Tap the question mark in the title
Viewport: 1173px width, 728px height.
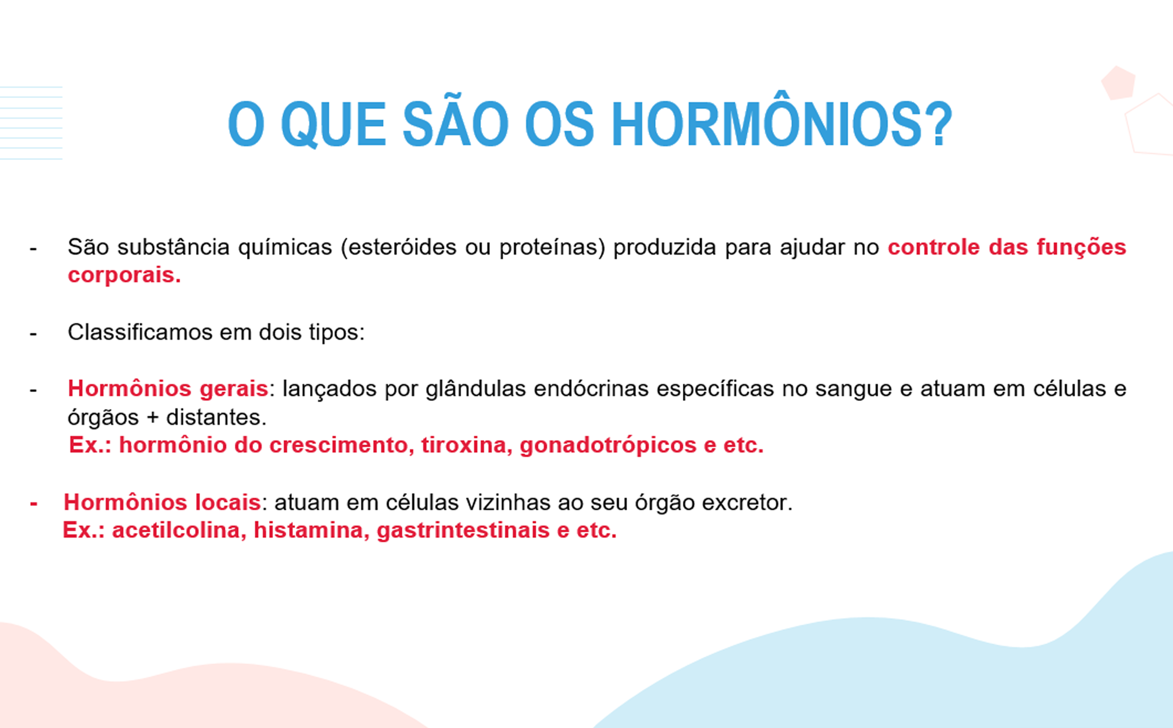tap(941, 124)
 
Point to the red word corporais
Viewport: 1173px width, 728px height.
tap(124, 275)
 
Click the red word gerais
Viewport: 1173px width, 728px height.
tap(234, 389)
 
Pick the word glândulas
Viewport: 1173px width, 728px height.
tap(475, 389)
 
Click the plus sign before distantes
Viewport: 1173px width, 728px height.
tap(153, 418)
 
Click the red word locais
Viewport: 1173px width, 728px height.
tap(228, 502)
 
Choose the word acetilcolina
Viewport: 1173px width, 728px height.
tap(179, 530)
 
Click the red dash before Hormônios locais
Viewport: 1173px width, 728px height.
tap(33, 504)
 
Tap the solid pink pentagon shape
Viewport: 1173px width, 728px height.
tap(1118, 83)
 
